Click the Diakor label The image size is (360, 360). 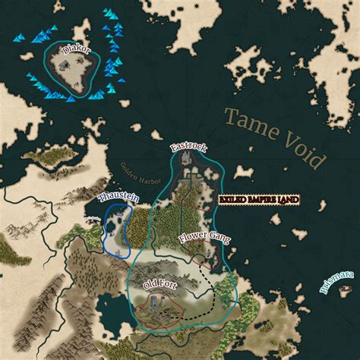(75, 49)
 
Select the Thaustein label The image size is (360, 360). (117, 198)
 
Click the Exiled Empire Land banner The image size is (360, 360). (258, 200)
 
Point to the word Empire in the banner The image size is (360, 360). (258, 200)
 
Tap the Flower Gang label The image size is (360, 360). (204, 238)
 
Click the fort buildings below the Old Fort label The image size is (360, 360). (161, 306)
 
